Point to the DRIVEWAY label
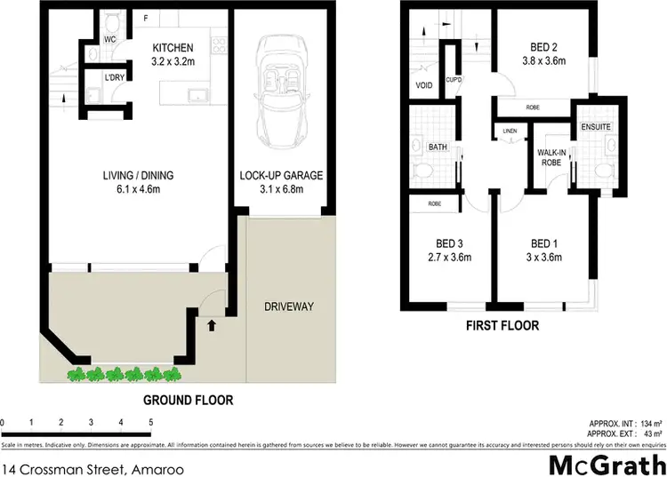[289, 306]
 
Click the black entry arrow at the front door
[211, 325]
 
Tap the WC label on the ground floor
[109, 40]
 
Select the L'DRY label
[115, 78]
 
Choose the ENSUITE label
[596, 127]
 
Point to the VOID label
[423, 86]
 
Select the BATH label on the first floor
[437, 147]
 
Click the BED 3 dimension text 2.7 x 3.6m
[449, 258]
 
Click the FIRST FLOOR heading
[502, 326]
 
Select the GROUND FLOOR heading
[189, 401]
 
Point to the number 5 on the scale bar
[151, 421]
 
